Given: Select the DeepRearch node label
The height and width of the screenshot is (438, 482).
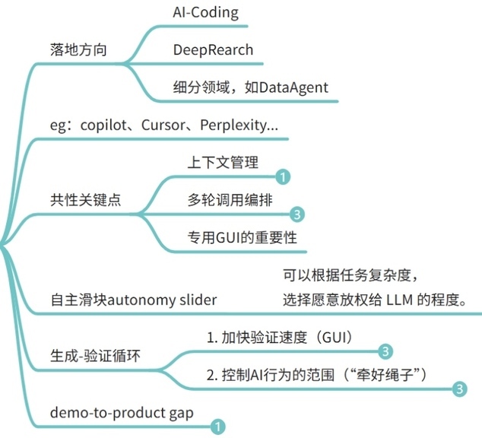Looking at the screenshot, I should coord(213,50).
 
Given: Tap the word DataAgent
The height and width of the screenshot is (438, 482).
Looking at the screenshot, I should coord(293,87).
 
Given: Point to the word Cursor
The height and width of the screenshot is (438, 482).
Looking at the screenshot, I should coord(163,125).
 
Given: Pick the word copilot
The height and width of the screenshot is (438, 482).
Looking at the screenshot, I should coord(104,125).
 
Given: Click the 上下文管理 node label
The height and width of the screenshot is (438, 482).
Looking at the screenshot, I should coord(224,163).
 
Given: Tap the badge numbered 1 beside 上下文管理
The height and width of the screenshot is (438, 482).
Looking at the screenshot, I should coord(281,177).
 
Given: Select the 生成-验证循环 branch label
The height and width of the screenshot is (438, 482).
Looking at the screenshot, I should coord(85,355).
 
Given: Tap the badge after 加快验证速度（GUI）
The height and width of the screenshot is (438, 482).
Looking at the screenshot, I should coord(385,351).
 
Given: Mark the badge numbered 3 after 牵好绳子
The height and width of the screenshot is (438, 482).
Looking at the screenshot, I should coord(458,389).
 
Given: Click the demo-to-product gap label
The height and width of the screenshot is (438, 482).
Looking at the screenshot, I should coord(120,412).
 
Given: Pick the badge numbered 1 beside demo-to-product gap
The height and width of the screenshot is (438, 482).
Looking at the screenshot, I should coord(217,427).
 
